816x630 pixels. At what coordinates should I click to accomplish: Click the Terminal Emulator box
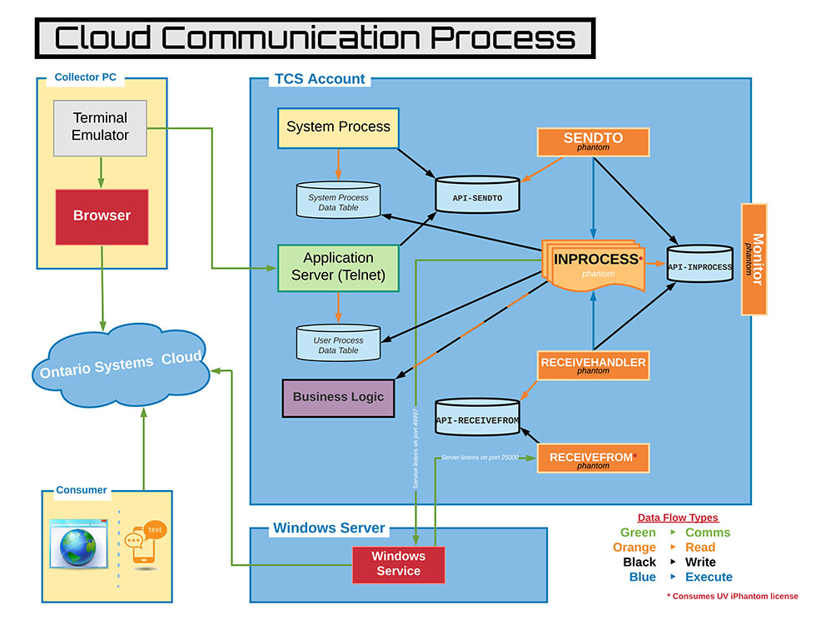click(100, 127)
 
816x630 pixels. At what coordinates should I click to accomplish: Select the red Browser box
click(102, 216)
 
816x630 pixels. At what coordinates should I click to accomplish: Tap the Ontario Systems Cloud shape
click(121, 365)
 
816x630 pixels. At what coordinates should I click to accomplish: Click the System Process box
click(338, 128)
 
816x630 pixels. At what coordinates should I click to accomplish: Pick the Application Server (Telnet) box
click(338, 267)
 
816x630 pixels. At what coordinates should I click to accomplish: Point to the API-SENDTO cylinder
click(478, 197)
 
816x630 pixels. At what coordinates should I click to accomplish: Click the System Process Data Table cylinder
click(338, 201)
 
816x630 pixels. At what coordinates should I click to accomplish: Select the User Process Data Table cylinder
click(338, 344)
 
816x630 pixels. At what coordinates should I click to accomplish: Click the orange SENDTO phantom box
click(593, 141)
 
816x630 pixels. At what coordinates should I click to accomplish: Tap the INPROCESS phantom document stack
click(594, 265)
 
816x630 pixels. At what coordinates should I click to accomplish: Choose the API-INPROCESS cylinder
click(699, 266)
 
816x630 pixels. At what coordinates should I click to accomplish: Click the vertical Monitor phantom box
click(754, 258)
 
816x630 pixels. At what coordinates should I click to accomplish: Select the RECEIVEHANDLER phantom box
click(593, 365)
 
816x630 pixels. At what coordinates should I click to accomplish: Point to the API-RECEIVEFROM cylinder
click(477, 419)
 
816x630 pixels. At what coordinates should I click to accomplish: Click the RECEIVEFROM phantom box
click(593, 459)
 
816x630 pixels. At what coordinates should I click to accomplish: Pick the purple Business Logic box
click(338, 397)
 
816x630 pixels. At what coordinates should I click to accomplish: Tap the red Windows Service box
click(398, 564)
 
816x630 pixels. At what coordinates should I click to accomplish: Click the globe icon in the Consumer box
click(78, 546)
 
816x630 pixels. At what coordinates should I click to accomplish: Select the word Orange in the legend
click(634, 548)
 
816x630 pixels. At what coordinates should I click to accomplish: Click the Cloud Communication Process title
click(314, 38)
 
